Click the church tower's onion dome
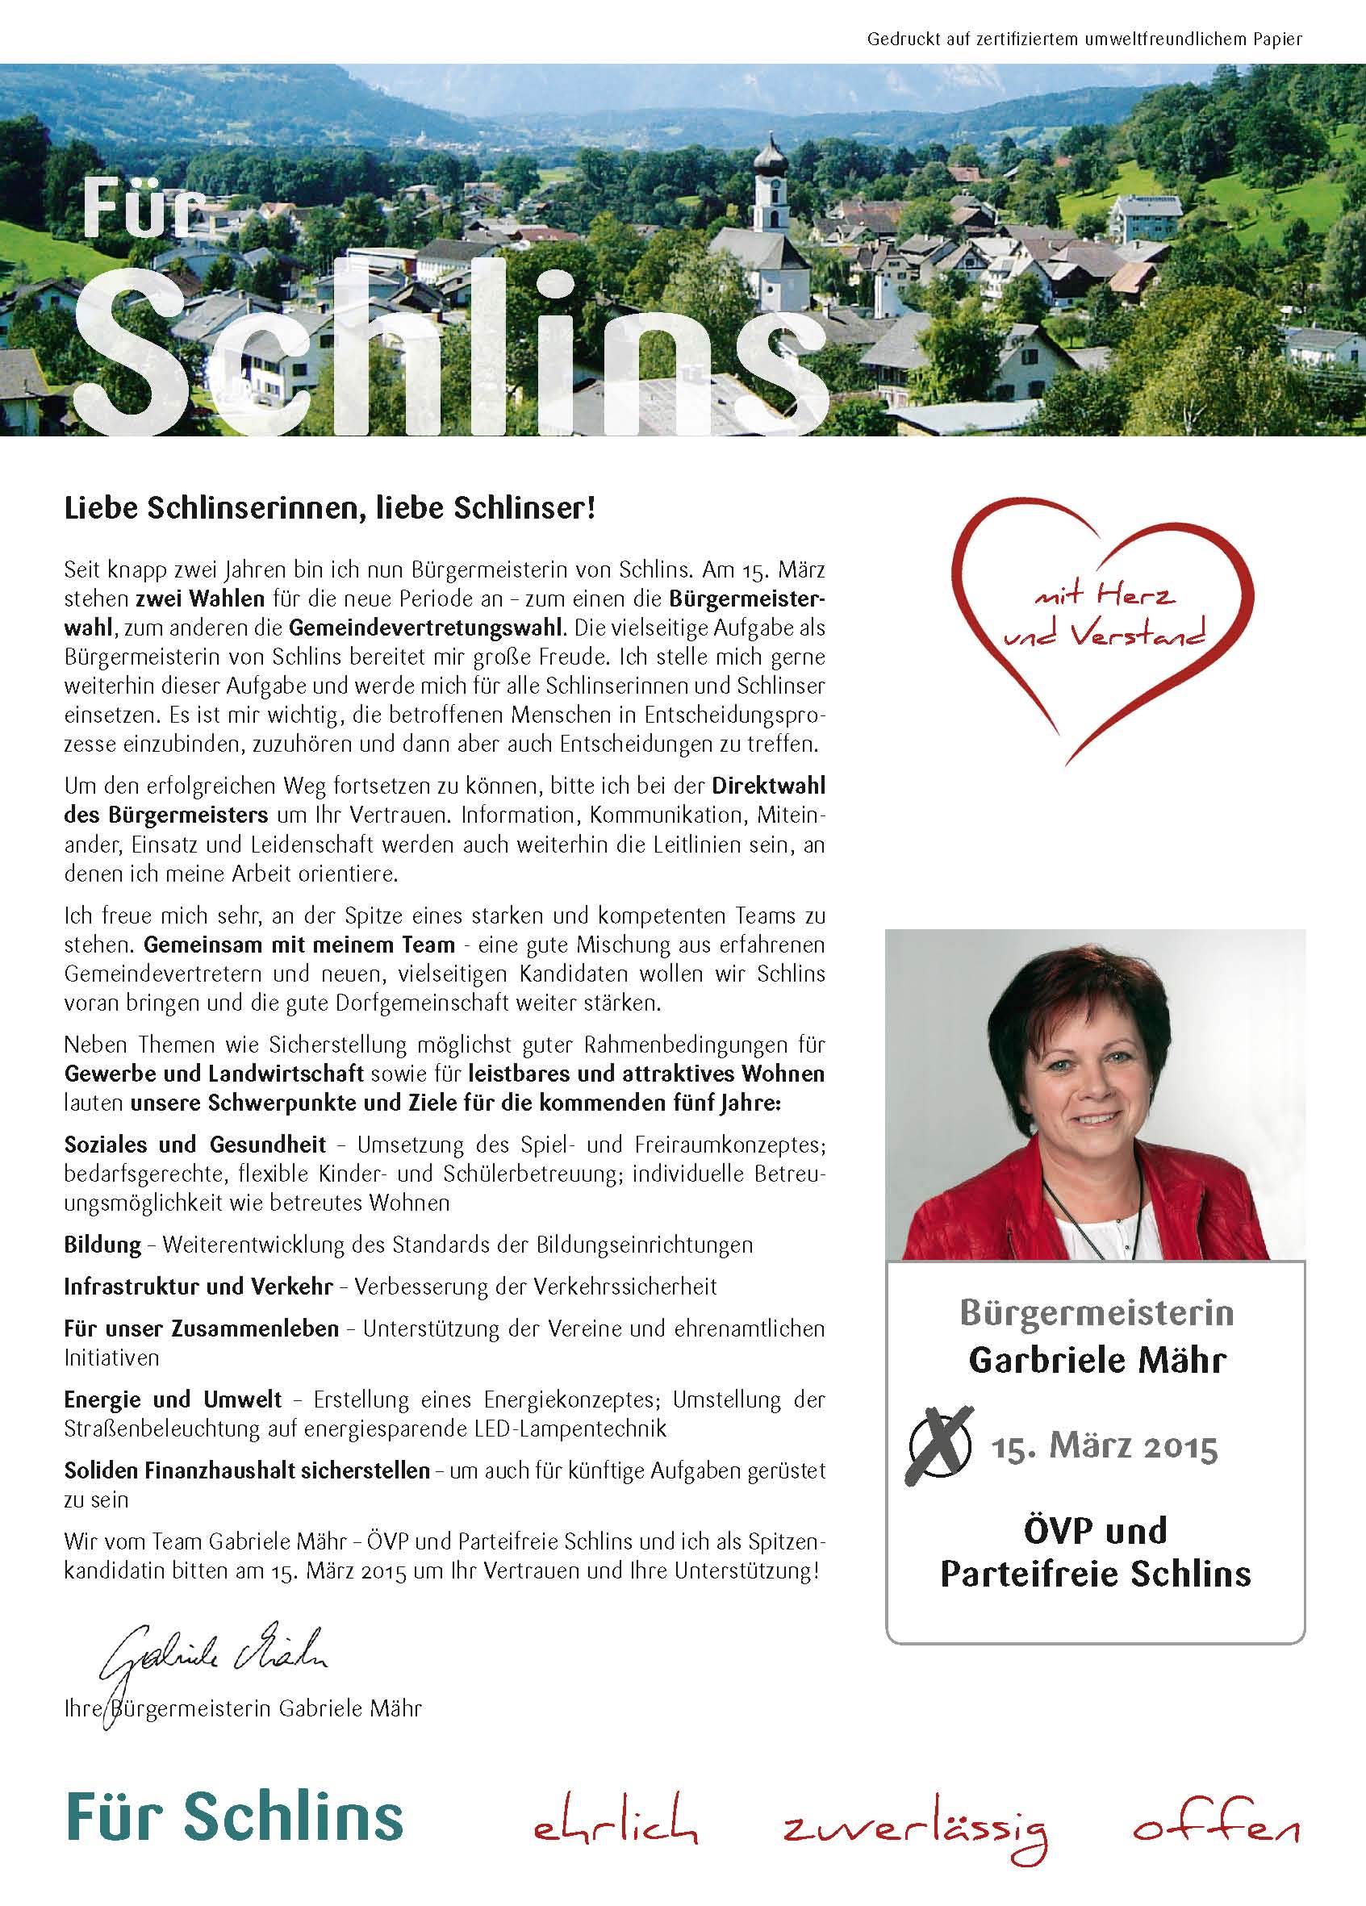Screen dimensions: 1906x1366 point(768,156)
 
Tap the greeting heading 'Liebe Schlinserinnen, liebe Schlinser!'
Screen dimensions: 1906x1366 point(329,509)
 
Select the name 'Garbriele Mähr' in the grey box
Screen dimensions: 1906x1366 point(1097,1359)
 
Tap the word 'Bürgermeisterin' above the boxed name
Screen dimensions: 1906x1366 point(1097,1312)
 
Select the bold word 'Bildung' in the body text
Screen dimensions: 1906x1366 point(102,1245)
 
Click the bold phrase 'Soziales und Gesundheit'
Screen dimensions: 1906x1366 point(195,1145)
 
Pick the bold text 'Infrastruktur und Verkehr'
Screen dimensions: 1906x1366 point(198,1287)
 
